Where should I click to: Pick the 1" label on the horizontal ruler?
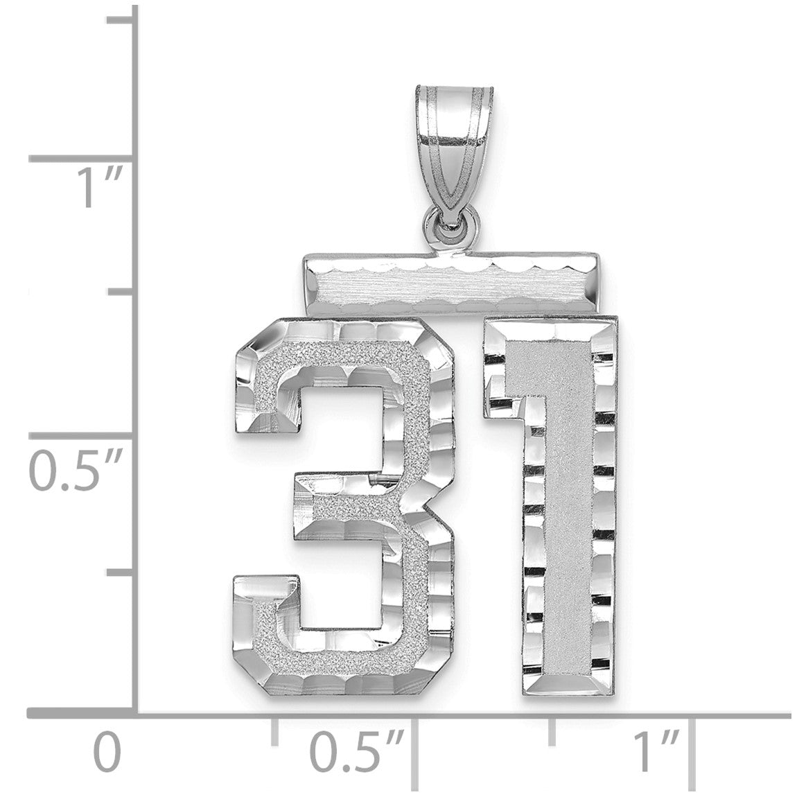657,750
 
